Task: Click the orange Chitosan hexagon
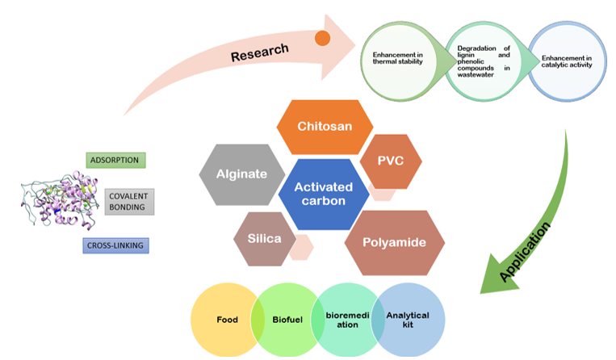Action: click(325, 127)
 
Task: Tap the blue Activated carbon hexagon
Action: click(318, 194)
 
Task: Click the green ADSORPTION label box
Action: click(115, 160)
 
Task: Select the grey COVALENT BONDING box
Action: click(129, 202)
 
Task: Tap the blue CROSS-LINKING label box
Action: click(115, 245)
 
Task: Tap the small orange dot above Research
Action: click(322, 38)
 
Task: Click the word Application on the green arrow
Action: click(526, 251)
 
